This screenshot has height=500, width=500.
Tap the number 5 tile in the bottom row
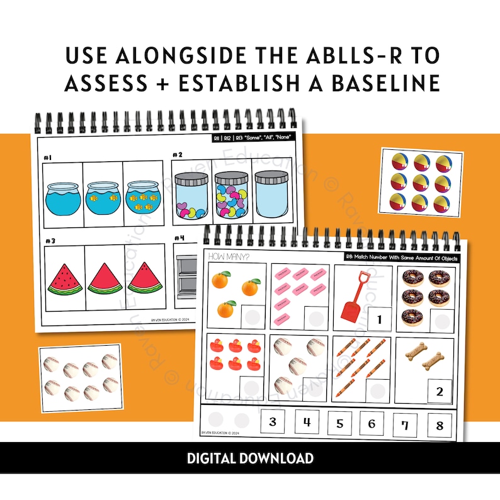341,423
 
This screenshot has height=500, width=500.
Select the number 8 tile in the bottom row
439,424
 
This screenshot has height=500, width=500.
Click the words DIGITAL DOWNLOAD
250,458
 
